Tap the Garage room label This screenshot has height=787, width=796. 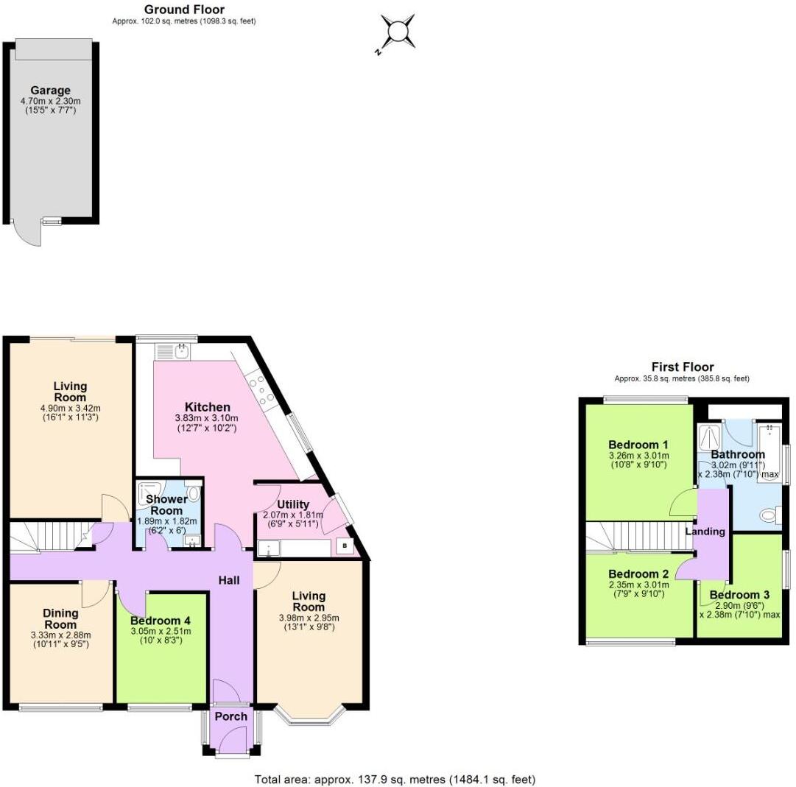[50, 91]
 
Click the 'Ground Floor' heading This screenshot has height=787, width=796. [184, 10]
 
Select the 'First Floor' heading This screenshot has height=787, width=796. [682, 367]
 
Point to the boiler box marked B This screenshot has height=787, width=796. [345, 546]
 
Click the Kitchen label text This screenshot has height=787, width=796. [207, 407]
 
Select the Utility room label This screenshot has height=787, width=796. [292, 504]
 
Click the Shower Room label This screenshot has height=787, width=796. [167, 505]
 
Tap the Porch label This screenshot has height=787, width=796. [231, 716]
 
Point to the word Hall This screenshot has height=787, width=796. [228, 580]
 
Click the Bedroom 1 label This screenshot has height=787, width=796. [638, 445]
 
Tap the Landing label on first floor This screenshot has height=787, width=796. [705, 531]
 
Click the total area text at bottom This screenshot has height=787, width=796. [395, 779]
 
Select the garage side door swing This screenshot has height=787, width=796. [28, 234]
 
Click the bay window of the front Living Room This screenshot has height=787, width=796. [309, 716]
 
